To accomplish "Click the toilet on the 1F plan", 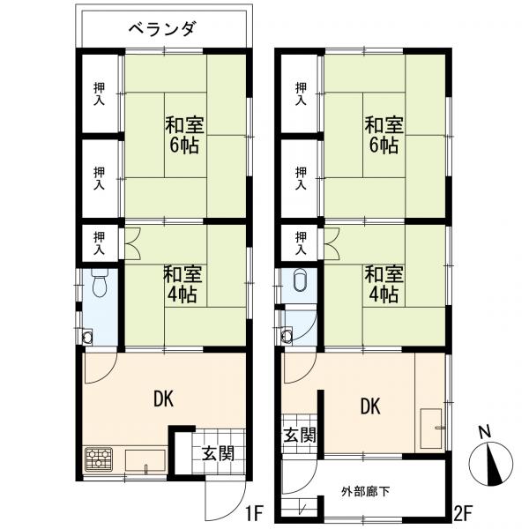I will point(100,285).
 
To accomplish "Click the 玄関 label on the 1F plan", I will point(217,454).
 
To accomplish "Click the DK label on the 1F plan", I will point(163,399).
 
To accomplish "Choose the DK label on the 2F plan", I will point(370,406).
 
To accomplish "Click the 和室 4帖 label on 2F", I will point(384,283).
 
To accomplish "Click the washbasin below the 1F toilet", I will point(87,336).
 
